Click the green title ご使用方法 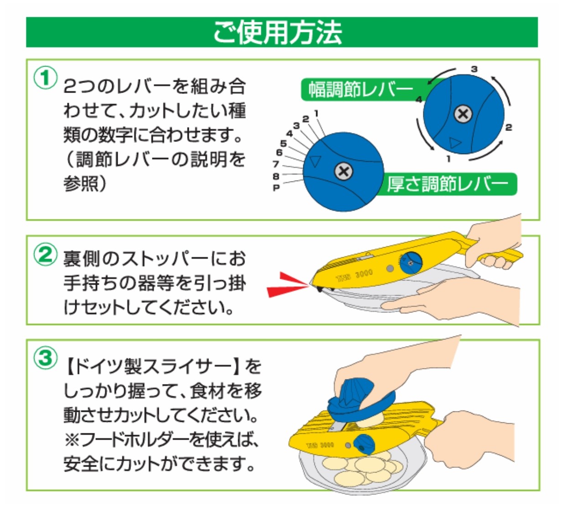277,32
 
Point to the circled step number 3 46,358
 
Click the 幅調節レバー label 361,89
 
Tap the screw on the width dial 463,114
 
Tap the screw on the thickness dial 343,171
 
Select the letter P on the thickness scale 276,188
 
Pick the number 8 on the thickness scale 276,176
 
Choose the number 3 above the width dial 474,69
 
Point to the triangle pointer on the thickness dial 315,161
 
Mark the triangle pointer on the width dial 455,143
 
